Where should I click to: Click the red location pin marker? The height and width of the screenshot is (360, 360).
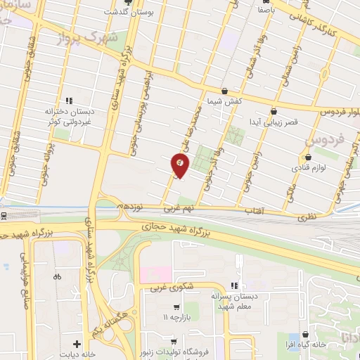pos(179,165)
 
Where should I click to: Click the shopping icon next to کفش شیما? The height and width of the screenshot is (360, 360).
pos(224,91)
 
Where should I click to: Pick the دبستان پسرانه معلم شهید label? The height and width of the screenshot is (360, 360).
pos(235,301)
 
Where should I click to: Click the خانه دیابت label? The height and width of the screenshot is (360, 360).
pos(78,354)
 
